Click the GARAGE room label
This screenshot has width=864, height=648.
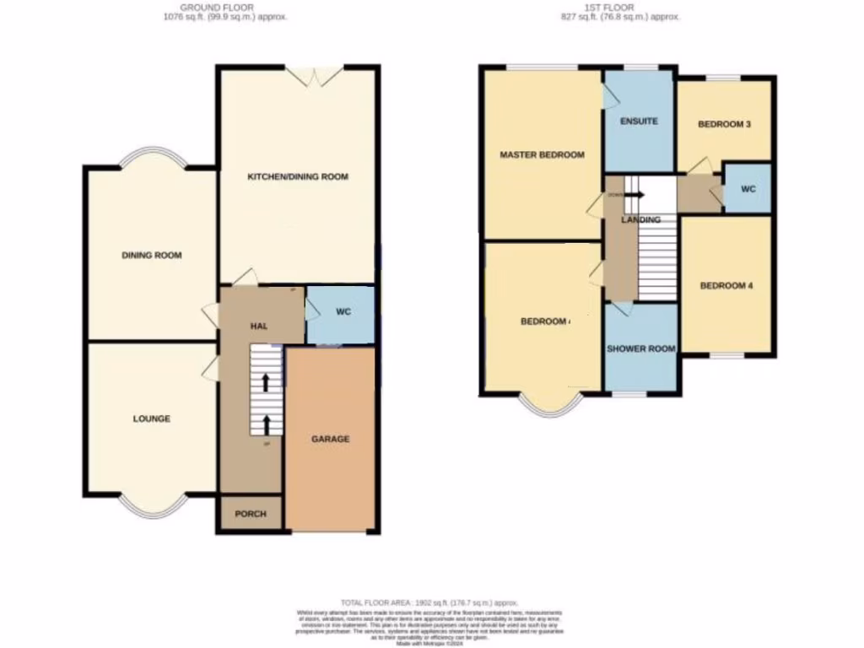point(330,439)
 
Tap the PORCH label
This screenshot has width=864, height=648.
point(251,514)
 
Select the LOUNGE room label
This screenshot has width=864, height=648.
point(151,418)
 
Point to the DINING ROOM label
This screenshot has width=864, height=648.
point(152,255)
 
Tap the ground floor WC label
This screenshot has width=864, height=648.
point(343,312)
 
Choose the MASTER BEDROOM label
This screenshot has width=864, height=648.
point(542,155)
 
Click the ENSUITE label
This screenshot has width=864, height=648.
point(639,121)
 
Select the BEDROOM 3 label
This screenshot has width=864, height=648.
point(724,125)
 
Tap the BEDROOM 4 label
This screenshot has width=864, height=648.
point(726,285)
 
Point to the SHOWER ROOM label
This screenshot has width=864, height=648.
point(641,348)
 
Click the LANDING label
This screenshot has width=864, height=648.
point(640,219)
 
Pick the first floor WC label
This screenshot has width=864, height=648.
point(748,189)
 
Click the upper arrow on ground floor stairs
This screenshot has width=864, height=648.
point(267,382)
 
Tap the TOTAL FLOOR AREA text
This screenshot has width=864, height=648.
point(430,602)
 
